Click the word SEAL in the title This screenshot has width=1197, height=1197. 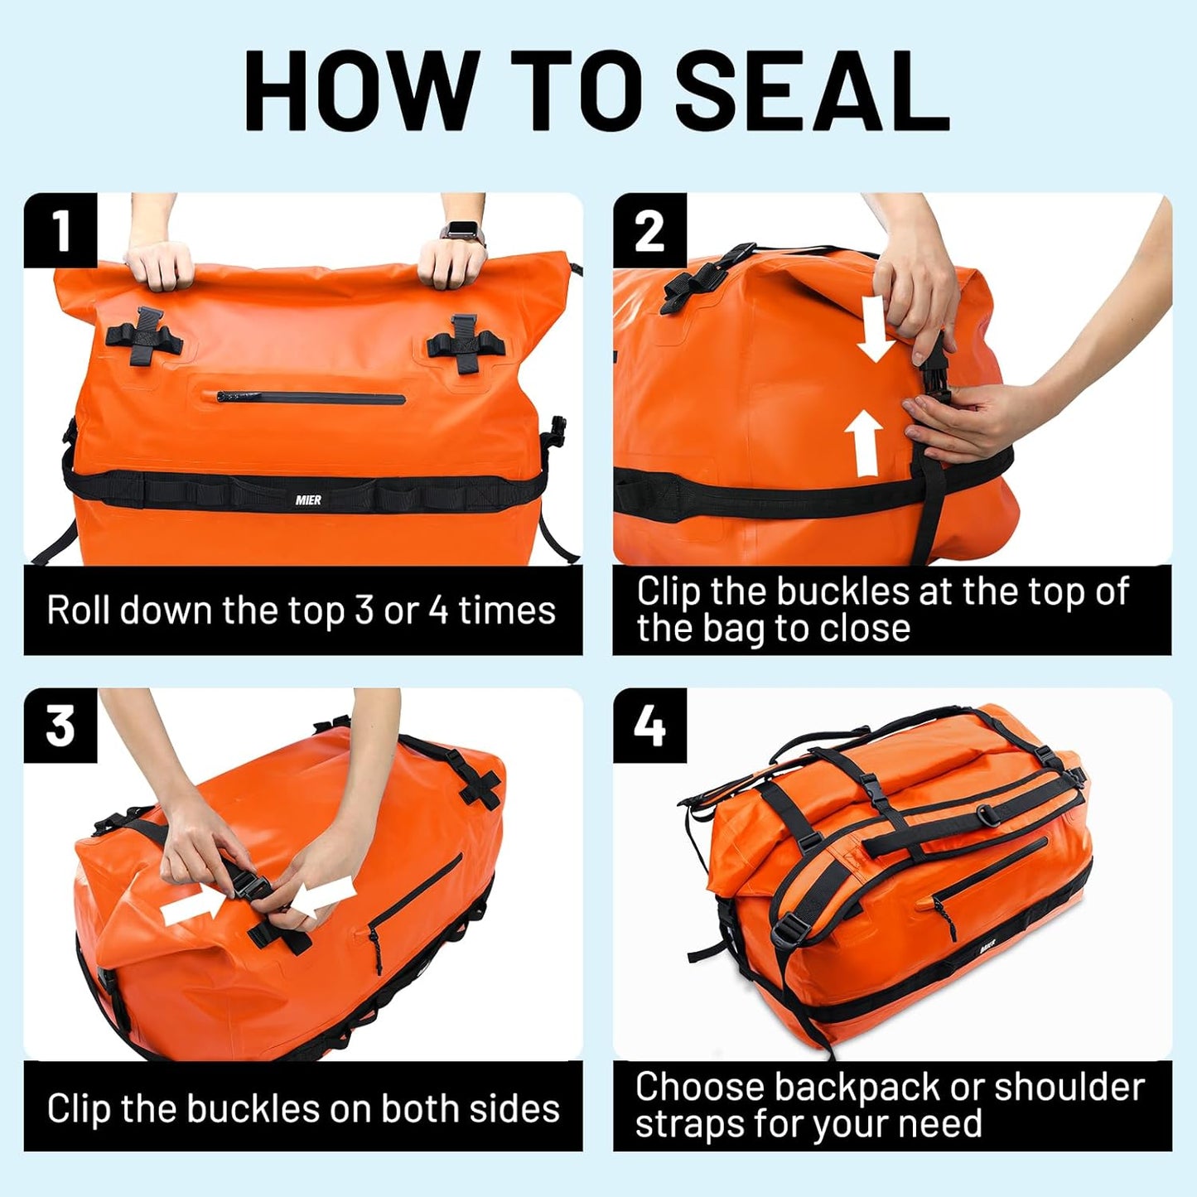coord(812,90)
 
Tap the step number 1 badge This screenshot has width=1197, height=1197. coord(60,230)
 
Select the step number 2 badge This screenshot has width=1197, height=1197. coord(649,230)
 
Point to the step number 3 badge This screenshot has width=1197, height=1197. coord(60,726)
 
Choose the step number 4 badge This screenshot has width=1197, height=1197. coord(649,726)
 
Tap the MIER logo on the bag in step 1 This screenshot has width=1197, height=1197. coord(307,500)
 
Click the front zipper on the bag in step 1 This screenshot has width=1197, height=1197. coord(311,398)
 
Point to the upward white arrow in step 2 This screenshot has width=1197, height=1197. coord(865,443)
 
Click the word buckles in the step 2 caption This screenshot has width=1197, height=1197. coord(843,591)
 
